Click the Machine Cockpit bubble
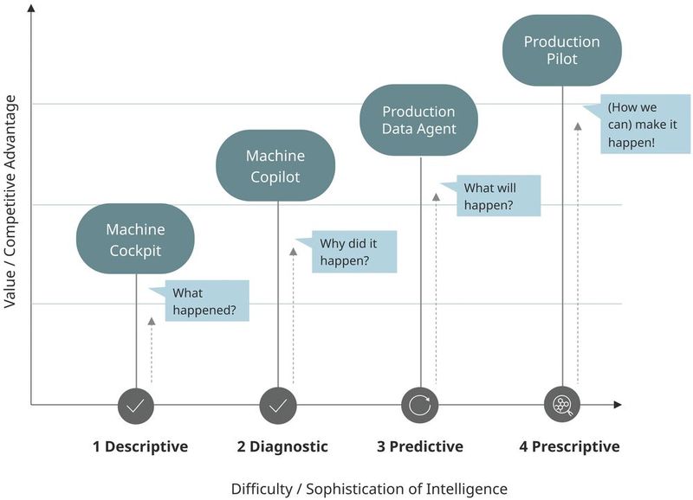coord(135,240)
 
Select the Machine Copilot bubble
coord(275,166)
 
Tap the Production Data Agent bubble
coord(419,120)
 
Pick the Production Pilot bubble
coord(562,50)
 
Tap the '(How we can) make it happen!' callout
coord(634,125)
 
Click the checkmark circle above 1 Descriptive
coord(136,404)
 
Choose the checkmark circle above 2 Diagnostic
coord(278,404)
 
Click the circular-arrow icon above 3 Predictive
coord(420,404)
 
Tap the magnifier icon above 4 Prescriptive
coord(562,404)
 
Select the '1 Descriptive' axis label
coord(140,446)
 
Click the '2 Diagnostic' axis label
coord(282,446)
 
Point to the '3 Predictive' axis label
coord(420,446)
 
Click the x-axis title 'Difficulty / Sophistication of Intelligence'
coord(369,488)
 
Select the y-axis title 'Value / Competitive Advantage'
coord(11,202)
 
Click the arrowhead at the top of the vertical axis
coord(31,10)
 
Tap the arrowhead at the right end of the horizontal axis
coord(617,404)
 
